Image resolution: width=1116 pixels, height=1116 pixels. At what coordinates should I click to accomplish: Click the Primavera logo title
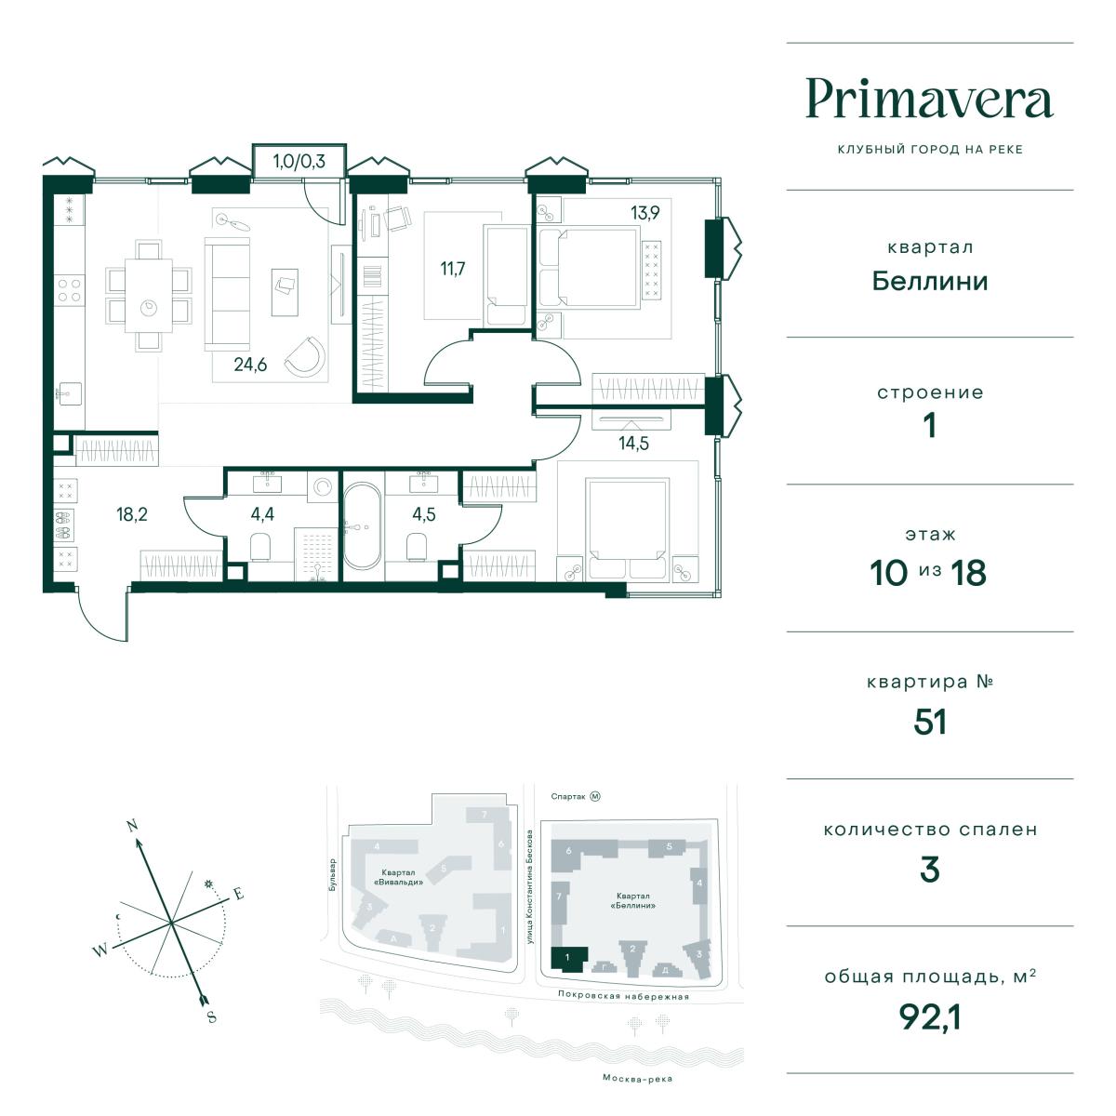click(929, 99)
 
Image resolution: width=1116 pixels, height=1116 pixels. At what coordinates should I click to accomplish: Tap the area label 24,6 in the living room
click(250, 365)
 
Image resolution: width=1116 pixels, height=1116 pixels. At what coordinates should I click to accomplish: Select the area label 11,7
click(452, 269)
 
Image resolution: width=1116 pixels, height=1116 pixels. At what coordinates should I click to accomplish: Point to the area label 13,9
click(645, 213)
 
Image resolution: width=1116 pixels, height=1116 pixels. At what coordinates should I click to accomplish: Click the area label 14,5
click(633, 444)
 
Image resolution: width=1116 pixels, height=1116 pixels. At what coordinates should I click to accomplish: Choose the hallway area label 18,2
click(132, 513)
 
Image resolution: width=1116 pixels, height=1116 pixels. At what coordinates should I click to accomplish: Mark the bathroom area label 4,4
click(262, 513)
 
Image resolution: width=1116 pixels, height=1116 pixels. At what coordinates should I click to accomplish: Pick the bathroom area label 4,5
click(424, 513)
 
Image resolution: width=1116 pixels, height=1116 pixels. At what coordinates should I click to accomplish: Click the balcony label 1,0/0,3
click(299, 161)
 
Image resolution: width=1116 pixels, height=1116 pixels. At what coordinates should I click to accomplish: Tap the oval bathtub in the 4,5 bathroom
click(363, 525)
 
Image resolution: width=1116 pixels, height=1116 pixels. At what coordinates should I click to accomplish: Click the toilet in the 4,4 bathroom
click(260, 547)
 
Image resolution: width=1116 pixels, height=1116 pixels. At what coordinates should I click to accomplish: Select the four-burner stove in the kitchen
click(69, 290)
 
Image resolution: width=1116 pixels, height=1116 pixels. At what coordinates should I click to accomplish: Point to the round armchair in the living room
click(305, 355)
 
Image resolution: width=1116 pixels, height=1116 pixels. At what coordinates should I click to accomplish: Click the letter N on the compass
click(133, 825)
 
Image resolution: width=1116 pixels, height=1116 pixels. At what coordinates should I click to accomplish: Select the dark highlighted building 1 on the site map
click(569, 958)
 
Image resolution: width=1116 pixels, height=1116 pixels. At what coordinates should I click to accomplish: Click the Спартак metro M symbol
click(595, 796)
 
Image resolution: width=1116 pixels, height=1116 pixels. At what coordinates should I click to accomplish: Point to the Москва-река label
click(637, 1079)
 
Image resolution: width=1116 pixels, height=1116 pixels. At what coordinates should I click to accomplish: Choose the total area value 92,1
click(929, 1017)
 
